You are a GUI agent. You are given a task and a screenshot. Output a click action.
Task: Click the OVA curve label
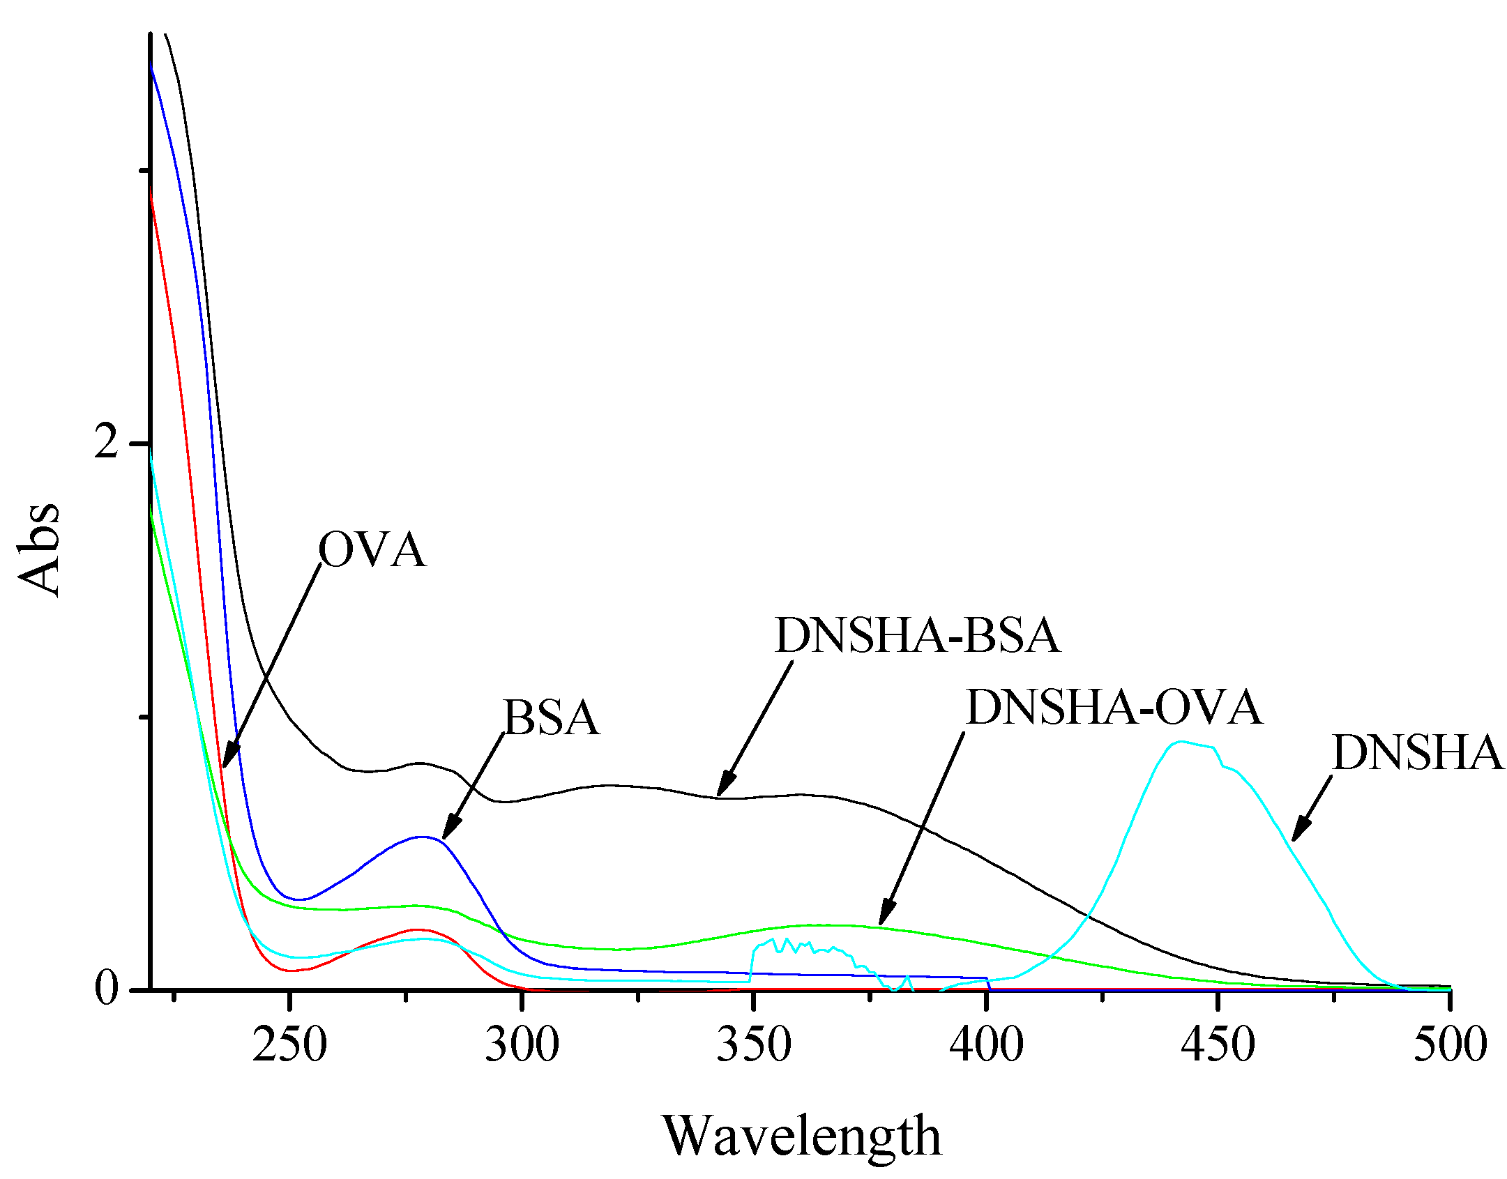371,550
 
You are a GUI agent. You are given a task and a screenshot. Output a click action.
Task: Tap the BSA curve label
551,717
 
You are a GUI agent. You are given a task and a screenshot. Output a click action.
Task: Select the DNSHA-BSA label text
917,635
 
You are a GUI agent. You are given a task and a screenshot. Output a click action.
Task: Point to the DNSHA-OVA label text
1114,707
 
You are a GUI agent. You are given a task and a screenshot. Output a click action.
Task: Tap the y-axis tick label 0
107,989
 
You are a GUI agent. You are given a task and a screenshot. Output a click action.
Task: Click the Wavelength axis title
801,1136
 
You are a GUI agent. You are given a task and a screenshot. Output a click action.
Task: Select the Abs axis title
39,549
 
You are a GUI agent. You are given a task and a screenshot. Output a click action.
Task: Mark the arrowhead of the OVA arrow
227,761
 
